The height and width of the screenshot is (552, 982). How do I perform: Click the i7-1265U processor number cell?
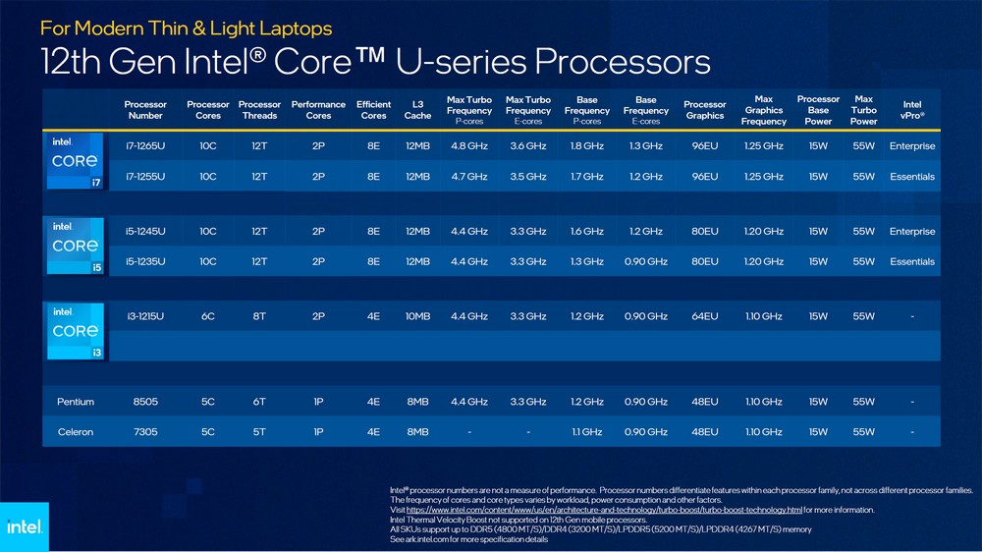(145, 146)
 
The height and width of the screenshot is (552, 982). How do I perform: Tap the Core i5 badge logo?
(76, 246)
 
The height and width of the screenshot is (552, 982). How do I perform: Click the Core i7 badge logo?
(76, 161)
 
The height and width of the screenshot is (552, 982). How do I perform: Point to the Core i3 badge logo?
(76, 331)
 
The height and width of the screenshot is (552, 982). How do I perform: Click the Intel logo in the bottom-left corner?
(24, 526)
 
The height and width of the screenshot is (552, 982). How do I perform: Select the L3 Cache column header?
(417, 110)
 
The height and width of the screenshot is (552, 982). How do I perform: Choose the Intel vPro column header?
(912, 110)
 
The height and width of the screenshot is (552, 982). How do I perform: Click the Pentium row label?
(76, 402)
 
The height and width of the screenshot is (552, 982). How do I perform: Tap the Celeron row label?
(76, 432)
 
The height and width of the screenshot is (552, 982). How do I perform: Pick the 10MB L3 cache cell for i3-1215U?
(417, 316)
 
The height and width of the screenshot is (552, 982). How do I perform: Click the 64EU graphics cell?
(704, 316)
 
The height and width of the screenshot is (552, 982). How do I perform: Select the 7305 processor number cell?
(145, 432)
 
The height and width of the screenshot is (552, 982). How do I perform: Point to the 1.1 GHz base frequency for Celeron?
(586, 432)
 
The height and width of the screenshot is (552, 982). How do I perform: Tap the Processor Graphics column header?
(704, 110)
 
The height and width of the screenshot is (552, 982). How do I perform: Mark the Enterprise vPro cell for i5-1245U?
(912, 232)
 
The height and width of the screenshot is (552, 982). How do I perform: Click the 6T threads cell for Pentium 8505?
(259, 402)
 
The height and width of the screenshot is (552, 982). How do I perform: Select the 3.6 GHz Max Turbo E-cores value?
(527, 146)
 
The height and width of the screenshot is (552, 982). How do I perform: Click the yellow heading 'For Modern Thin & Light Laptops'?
(186, 28)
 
